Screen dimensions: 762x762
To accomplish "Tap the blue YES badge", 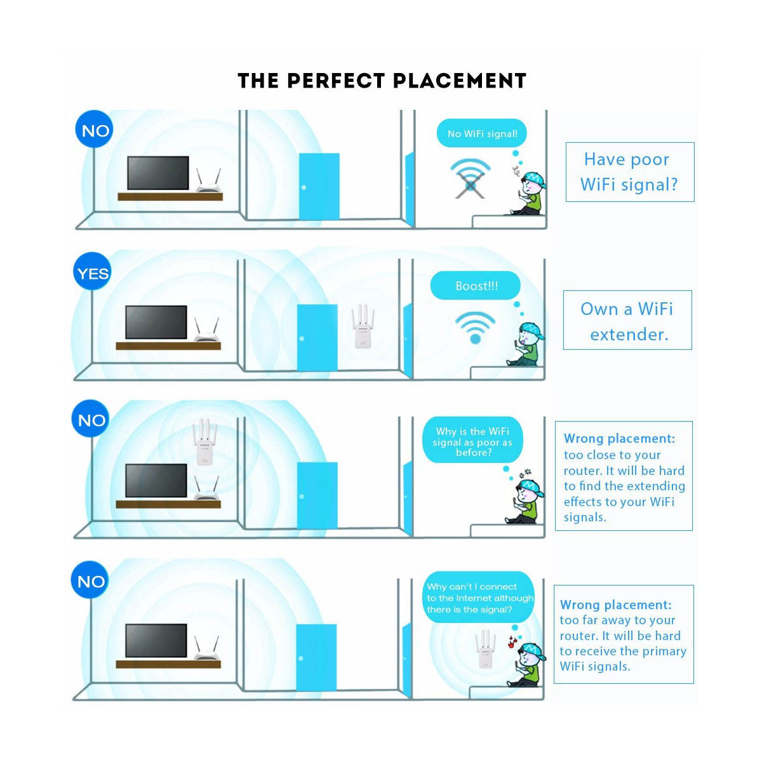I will coord(93,273).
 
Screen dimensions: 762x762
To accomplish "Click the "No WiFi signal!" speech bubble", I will coord(482,134).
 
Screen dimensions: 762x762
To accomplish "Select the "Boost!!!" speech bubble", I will coord(476,286).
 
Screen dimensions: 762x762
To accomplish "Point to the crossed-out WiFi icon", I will coord(470,178).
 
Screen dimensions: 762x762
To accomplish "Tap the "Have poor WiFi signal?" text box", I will coord(629,172).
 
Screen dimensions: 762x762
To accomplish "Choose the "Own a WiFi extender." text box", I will coord(627,321).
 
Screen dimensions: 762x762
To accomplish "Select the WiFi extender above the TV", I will coord(204,441).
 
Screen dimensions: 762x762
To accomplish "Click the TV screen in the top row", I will coord(158,173).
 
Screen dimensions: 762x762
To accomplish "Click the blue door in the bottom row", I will coord(316,657).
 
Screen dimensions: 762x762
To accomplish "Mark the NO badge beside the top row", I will coord(95,131).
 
